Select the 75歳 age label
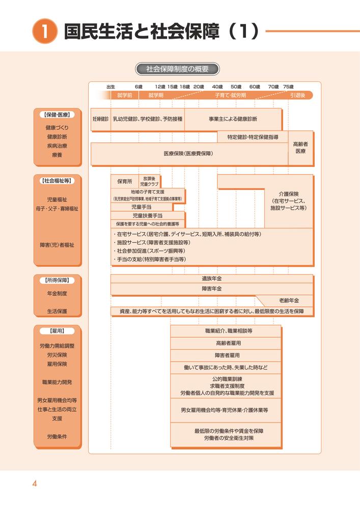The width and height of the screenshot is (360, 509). click(x=288, y=87)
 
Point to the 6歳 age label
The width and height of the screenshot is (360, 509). click(x=139, y=87)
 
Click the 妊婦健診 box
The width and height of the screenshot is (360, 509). click(x=100, y=119)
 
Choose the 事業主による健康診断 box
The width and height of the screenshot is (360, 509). click(x=233, y=119)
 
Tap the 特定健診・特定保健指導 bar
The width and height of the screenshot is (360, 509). click(x=253, y=137)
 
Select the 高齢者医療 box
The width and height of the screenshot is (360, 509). click(x=300, y=148)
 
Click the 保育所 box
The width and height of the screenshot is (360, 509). click(x=124, y=181)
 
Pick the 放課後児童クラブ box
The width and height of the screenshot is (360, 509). click(x=149, y=181)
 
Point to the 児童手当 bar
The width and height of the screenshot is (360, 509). click(x=142, y=207)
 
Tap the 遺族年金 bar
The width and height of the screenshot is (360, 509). click(x=211, y=279)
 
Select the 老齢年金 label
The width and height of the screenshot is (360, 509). click(x=289, y=300)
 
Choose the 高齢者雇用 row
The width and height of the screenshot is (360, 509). click(x=226, y=343)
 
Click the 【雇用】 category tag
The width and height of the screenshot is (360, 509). click(x=57, y=331)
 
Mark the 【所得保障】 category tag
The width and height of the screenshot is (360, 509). click(x=57, y=280)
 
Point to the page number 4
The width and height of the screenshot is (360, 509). click(x=35, y=484)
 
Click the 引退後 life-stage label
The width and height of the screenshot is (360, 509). click(x=298, y=95)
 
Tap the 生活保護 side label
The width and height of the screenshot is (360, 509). click(x=57, y=311)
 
